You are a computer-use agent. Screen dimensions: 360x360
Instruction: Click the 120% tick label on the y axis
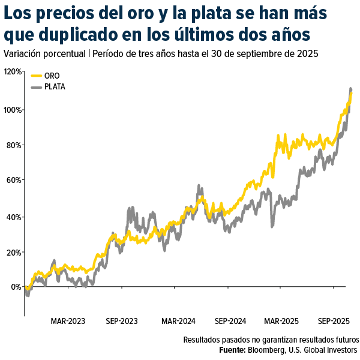coord(12,71)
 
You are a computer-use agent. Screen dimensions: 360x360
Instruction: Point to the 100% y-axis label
coord(12,110)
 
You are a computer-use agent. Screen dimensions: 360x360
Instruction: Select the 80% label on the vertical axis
coord(13,145)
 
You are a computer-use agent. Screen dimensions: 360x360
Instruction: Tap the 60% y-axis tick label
coord(13,181)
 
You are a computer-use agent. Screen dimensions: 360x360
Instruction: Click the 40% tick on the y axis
coord(13,217)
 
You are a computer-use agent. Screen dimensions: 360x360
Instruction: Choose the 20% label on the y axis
coord(13,252)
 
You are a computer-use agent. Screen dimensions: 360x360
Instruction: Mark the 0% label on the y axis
coord(15,287)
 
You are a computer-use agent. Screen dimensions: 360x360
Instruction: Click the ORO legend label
coord(52,76)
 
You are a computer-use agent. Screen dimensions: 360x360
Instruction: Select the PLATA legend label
coord(55,87)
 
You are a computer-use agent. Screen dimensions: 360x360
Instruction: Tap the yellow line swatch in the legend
coord(36,76)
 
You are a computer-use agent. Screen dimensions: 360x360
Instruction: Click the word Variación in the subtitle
coord(23,53)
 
